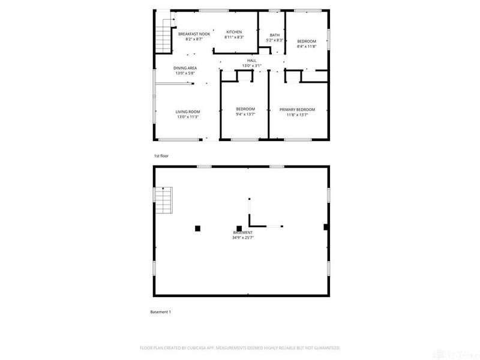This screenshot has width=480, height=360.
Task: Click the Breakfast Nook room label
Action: (194, 34)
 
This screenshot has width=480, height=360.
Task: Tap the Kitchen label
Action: (233, 31)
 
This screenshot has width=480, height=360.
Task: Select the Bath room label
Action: (274, 35)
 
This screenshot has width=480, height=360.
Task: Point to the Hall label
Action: (252, 61)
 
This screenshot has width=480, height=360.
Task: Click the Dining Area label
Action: (185, 68)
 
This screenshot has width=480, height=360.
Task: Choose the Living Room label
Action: (187, 112)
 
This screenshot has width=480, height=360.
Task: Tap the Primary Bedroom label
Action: (297, 109)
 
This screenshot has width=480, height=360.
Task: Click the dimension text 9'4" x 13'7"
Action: (245, 114)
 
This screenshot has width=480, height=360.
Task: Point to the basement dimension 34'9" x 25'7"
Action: (243, 238)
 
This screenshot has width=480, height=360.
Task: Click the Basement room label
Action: (243, 232)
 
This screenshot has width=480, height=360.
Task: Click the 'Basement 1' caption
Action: (160, 312)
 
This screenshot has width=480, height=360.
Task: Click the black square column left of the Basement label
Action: (197, 227)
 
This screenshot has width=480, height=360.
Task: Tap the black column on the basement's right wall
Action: (326, 227)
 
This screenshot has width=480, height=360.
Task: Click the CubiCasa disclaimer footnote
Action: (240, 347)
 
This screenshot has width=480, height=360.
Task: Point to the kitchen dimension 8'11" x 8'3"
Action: (233, 37)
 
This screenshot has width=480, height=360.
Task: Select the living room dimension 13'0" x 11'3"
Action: (187, 117)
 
